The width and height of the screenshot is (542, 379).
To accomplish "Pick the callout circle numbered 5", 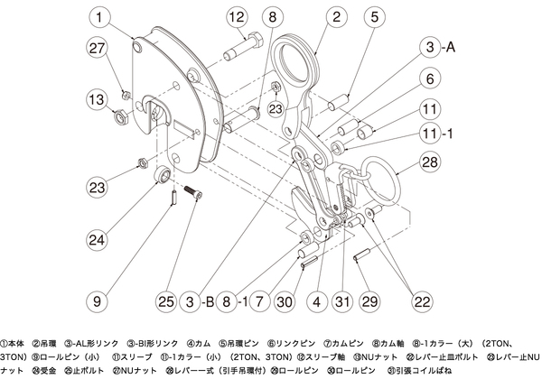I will tap(372, 17).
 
